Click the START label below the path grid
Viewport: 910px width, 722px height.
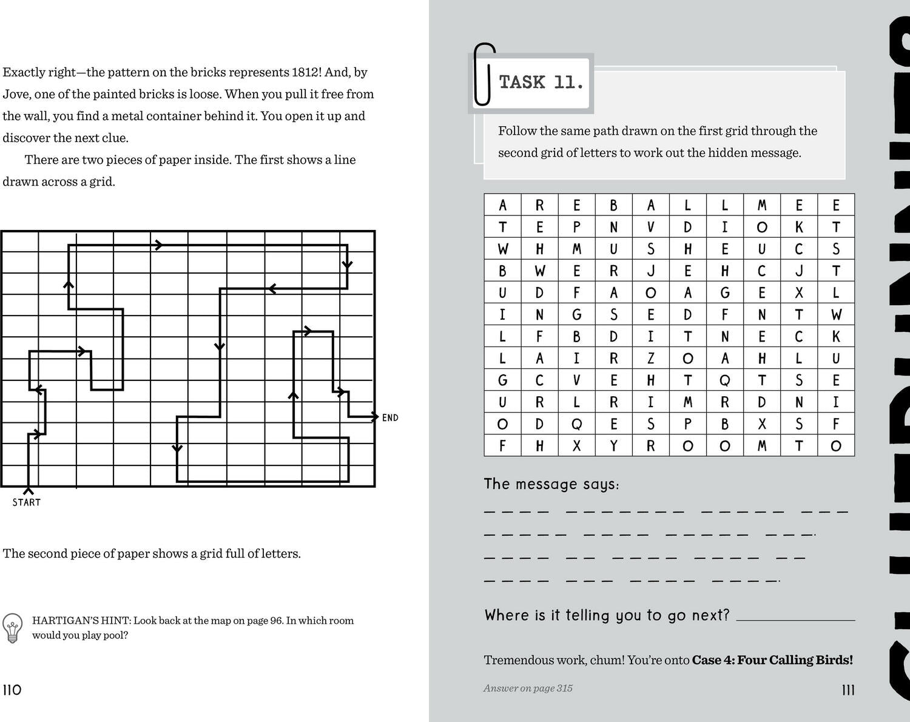27,502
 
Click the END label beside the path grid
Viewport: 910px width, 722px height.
390,417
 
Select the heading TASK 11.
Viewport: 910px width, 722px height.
541,82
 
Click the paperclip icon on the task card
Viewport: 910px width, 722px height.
484,74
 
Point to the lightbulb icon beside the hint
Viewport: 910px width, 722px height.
12,627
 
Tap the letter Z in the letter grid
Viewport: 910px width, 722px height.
650,359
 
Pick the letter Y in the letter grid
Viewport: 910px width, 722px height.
613,446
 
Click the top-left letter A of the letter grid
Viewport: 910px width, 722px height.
502,205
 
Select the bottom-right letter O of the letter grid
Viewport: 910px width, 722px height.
835,446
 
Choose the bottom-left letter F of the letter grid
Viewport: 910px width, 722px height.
502,446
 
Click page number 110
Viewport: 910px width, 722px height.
12,690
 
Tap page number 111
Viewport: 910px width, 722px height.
848,690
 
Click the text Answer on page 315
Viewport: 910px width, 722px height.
528,688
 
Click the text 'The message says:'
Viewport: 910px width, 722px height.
551,484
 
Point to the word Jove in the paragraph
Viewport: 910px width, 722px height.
16,94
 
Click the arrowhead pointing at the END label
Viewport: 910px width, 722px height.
374,417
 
